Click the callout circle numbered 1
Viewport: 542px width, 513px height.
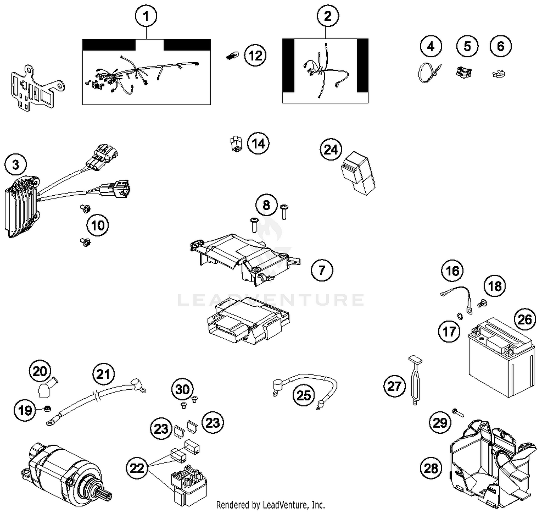click(x=146, y=16)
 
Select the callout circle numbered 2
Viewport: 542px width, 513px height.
click(x=328, y=16)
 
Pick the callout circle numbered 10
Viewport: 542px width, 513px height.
click(x=98, y=225)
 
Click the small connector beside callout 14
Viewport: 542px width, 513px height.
click(x=236, y=143)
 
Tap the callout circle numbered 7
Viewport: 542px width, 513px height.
click(x=322, y=270)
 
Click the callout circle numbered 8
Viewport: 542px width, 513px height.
click(x=266, y=205)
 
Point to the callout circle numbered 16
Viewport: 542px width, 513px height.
click(x=452, y=271)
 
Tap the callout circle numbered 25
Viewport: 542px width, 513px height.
click(x=304, y=395)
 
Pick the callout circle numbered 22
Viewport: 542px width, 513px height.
click(x=137, y=469)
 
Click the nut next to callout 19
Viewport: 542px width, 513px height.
click(x=47, y=409)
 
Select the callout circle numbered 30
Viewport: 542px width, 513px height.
click(x=182, y=389)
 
